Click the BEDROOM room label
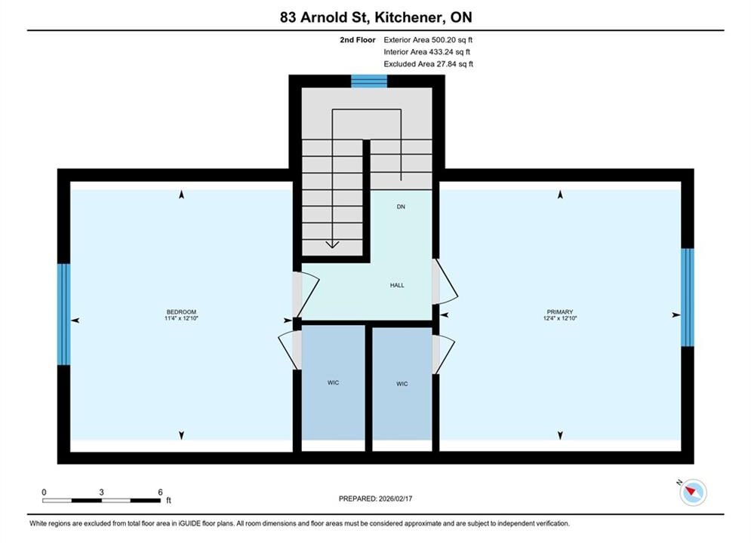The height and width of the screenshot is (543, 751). (182, 312)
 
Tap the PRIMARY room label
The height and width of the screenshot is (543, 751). (559, 312)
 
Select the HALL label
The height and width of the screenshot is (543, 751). (397, 285)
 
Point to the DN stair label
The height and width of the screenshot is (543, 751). (401, 207)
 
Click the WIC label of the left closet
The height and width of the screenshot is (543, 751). (334, 382)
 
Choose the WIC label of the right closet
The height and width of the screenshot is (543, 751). (402, 384)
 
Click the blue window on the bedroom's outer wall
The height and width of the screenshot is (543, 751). (63, 314)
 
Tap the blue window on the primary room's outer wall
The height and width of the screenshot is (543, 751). (688, 297)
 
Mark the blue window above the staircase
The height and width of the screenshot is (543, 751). (369, 81)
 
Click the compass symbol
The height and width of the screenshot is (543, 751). (693, 492)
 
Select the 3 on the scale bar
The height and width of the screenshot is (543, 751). (102, 492)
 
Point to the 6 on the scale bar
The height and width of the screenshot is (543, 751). (161, 492)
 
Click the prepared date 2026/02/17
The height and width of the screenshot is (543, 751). (396, 499)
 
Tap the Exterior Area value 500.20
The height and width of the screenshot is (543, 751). (442, 40)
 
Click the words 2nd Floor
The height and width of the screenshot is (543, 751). (358, 40)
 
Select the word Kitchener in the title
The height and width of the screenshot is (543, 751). (408, 17)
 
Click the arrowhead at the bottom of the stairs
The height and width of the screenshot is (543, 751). (332, 245)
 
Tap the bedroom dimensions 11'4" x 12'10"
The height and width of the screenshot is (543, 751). (182, 318)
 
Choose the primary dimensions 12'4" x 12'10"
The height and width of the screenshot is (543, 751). (560, 318)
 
